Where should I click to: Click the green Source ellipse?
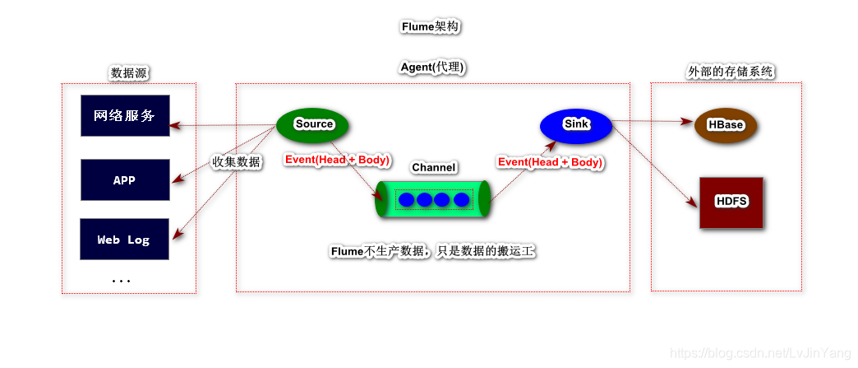pyautogui.click(x=313, y=124)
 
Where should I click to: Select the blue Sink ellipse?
pyautogui.click(x=576, y=124)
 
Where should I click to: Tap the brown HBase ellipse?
pyautogui.click(x=725, y=125)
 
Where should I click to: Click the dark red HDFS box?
pyautogui.click(x=731, y=203)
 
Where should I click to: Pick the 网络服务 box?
pyautogui.click(x=125, y=115)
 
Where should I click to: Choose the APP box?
pyautogui.click(x=125, y=179)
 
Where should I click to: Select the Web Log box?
pyautogui.click(x=125, y=240)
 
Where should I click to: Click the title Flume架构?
pyautogui.click(x=430, y=26)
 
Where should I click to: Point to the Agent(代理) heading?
pyautogui.click(x=433, y=67)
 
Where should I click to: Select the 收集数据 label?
pyautogui.click(x=237, y=162)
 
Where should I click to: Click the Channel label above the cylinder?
pyautogui.click(x=434, y=167)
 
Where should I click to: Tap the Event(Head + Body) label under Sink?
pyautogui.click(x=550, y=162)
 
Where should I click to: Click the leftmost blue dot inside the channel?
pyautogui.click(x=405, y=200)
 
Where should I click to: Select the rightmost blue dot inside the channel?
pyautogui.click(x=462, y=200)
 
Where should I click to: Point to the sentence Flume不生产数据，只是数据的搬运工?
pyautogui.click(x=432, y=251)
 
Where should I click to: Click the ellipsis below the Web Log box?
pyautogui.click(x=122, y=281)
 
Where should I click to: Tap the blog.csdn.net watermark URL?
pyautogui.click(x=760, y=353)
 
